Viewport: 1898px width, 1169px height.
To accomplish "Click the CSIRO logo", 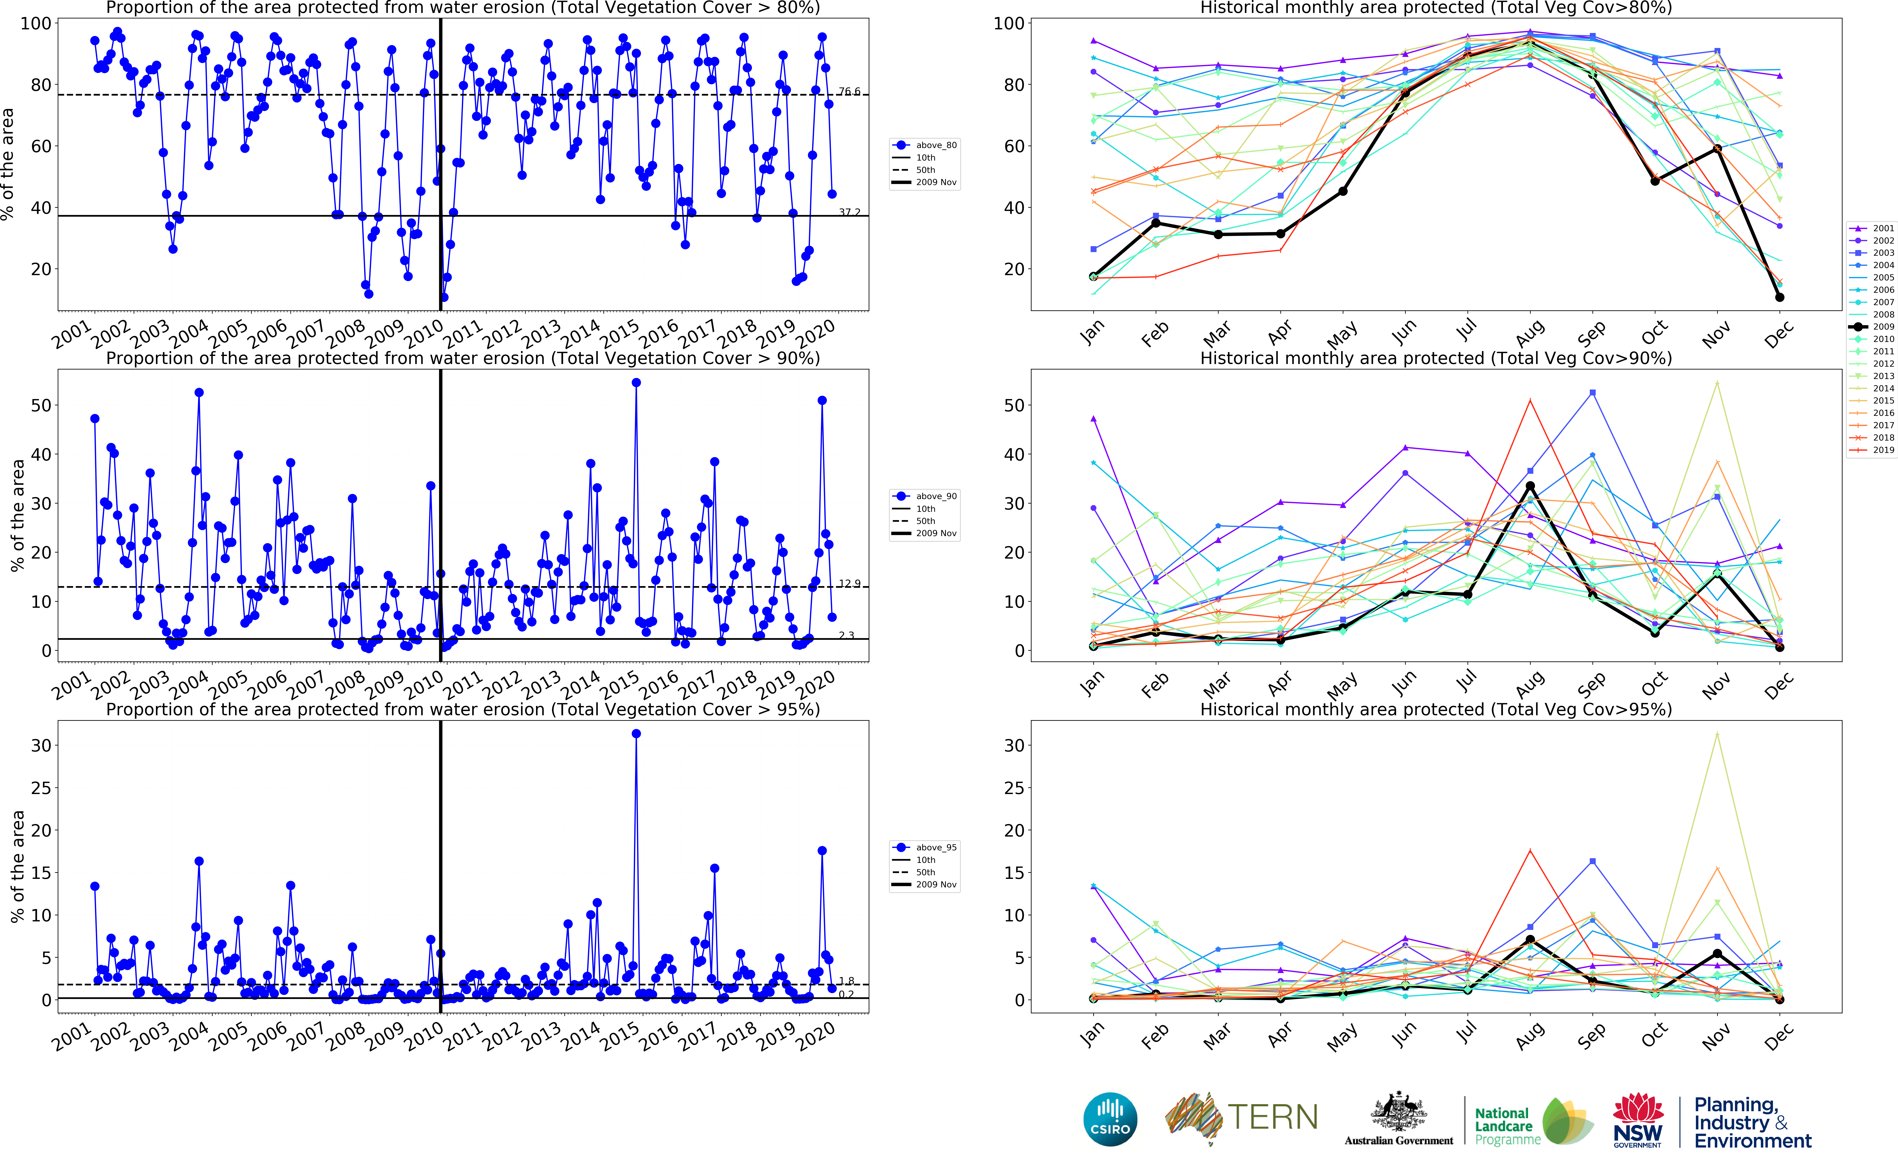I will coord(1110,1119).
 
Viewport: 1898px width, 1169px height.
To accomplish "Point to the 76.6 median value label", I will coord(849,91).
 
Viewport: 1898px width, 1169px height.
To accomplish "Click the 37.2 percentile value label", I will coord(849,212).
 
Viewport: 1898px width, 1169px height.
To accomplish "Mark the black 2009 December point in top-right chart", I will coord(1780,297).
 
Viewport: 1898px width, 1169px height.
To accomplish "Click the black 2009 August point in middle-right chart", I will coord(1530,486).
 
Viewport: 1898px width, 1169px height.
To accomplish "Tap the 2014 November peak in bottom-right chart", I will coord(1717,734).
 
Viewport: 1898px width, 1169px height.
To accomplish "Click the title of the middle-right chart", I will coord(1436,358).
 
